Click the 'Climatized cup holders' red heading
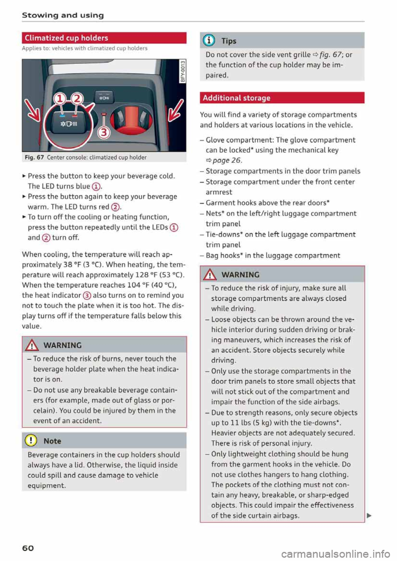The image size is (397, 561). (x=66, y=38)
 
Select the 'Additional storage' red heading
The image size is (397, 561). (x=236, y=98)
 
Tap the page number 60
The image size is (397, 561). (x=28, y=548)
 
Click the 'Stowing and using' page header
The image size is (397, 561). (x=63, y=15)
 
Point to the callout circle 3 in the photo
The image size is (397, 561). (x=104, y=133)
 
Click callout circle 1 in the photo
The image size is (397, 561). (x=61, y=99)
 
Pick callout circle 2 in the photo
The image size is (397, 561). (x=77, y=99)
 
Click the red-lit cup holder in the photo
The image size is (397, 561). (x=132, y=120)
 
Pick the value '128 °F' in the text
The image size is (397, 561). (x=148, y=275)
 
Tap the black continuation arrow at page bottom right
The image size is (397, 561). (x=369, y=516)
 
